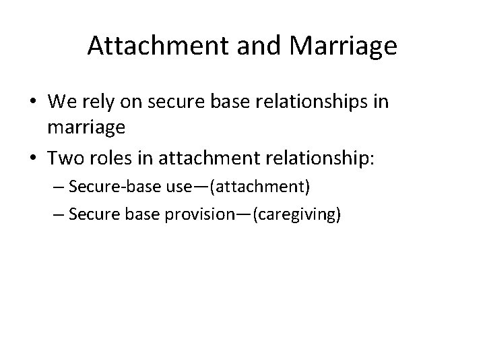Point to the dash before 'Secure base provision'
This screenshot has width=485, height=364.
coord(57,216)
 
